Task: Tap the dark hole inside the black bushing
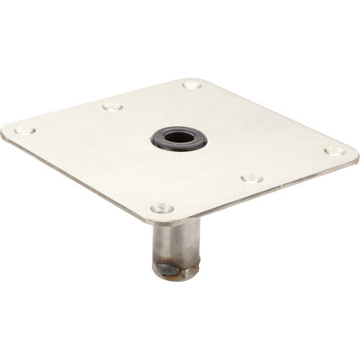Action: click(179, 138)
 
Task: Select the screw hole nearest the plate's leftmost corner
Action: click(24, 130)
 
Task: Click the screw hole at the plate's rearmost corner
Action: click(192, 85)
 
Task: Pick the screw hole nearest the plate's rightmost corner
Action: click(332, 151)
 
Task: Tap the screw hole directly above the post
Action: click(162, 208)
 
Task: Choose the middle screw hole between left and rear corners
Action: click(112, 106)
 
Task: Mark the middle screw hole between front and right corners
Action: click(252, 177)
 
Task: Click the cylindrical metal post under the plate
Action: click(176, 243)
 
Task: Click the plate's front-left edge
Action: click(81, 180)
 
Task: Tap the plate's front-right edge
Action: click(261, 188)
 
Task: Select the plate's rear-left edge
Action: click(99, 103)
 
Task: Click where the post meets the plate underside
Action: click(176, 220)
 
